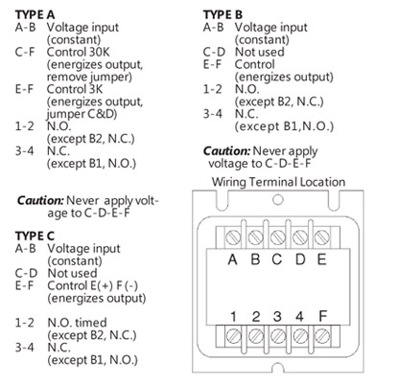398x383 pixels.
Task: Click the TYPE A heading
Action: click(35, 14)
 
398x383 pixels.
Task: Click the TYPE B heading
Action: click(222, 14)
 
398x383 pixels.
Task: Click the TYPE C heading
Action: click(35, 236)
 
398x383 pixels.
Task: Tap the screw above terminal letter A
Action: click(233, 237)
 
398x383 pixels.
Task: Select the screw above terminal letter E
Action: click(321, 237)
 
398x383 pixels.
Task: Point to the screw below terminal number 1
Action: click(233, 336)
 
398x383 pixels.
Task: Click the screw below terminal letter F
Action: click(322, 336)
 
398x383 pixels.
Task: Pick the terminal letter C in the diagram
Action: click(277, 259)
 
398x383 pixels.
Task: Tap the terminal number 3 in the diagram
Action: click(277, 316)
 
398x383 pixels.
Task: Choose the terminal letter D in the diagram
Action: click(300, 259)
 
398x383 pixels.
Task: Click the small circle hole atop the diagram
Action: click(278, 200)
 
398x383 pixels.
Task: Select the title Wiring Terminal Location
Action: click(278, 182)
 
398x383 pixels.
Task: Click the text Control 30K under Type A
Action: click(79, 52)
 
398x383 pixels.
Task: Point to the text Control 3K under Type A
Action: click(75, 89)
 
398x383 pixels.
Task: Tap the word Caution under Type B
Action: click(226, 151)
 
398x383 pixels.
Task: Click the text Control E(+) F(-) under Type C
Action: click(93, 285)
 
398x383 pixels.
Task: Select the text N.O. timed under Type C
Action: click(77, 323)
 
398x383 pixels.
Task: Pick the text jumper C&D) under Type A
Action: click(82, 114)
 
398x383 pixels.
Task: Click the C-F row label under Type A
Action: click(25, 52)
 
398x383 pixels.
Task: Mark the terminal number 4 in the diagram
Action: click(299, 316)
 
